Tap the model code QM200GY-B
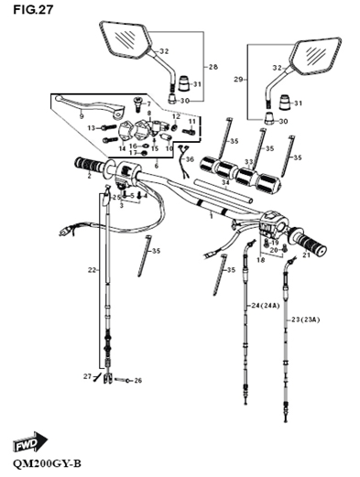point(44,464)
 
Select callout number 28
point(213,68)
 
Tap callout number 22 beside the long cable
point(92,270)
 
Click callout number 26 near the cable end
point(138,379)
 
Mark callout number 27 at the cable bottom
point(87,376)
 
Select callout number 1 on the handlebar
point(210,216)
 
